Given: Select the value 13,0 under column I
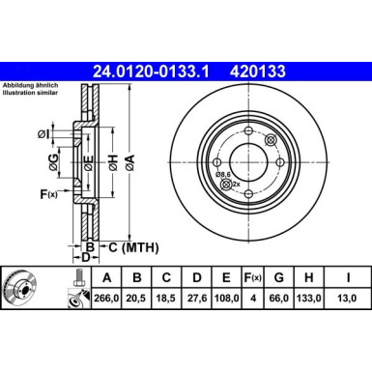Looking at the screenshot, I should (x=345, y=299).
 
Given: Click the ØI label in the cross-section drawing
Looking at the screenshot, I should (x=46, y=132).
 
